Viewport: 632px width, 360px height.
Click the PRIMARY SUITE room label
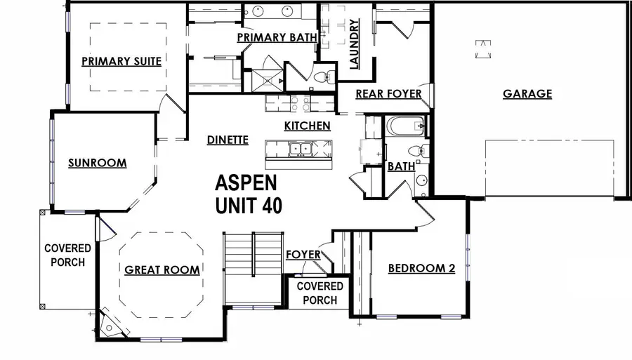pos(121,61)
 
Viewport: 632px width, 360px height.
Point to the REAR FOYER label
pos(388,93)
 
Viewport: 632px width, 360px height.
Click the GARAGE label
pos(527,93)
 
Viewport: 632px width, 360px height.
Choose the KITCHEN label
pos(307,126)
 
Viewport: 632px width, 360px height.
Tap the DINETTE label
pos(228,140)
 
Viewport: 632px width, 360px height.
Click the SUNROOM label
pos(97,164)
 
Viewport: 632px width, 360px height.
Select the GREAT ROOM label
pos(162,269)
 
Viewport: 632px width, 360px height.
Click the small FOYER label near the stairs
pos(303,254)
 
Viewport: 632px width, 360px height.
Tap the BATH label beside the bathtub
pos(401,167)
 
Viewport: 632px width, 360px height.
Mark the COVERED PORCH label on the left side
pos(68,255)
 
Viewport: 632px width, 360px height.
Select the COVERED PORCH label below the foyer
pos(320,293)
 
